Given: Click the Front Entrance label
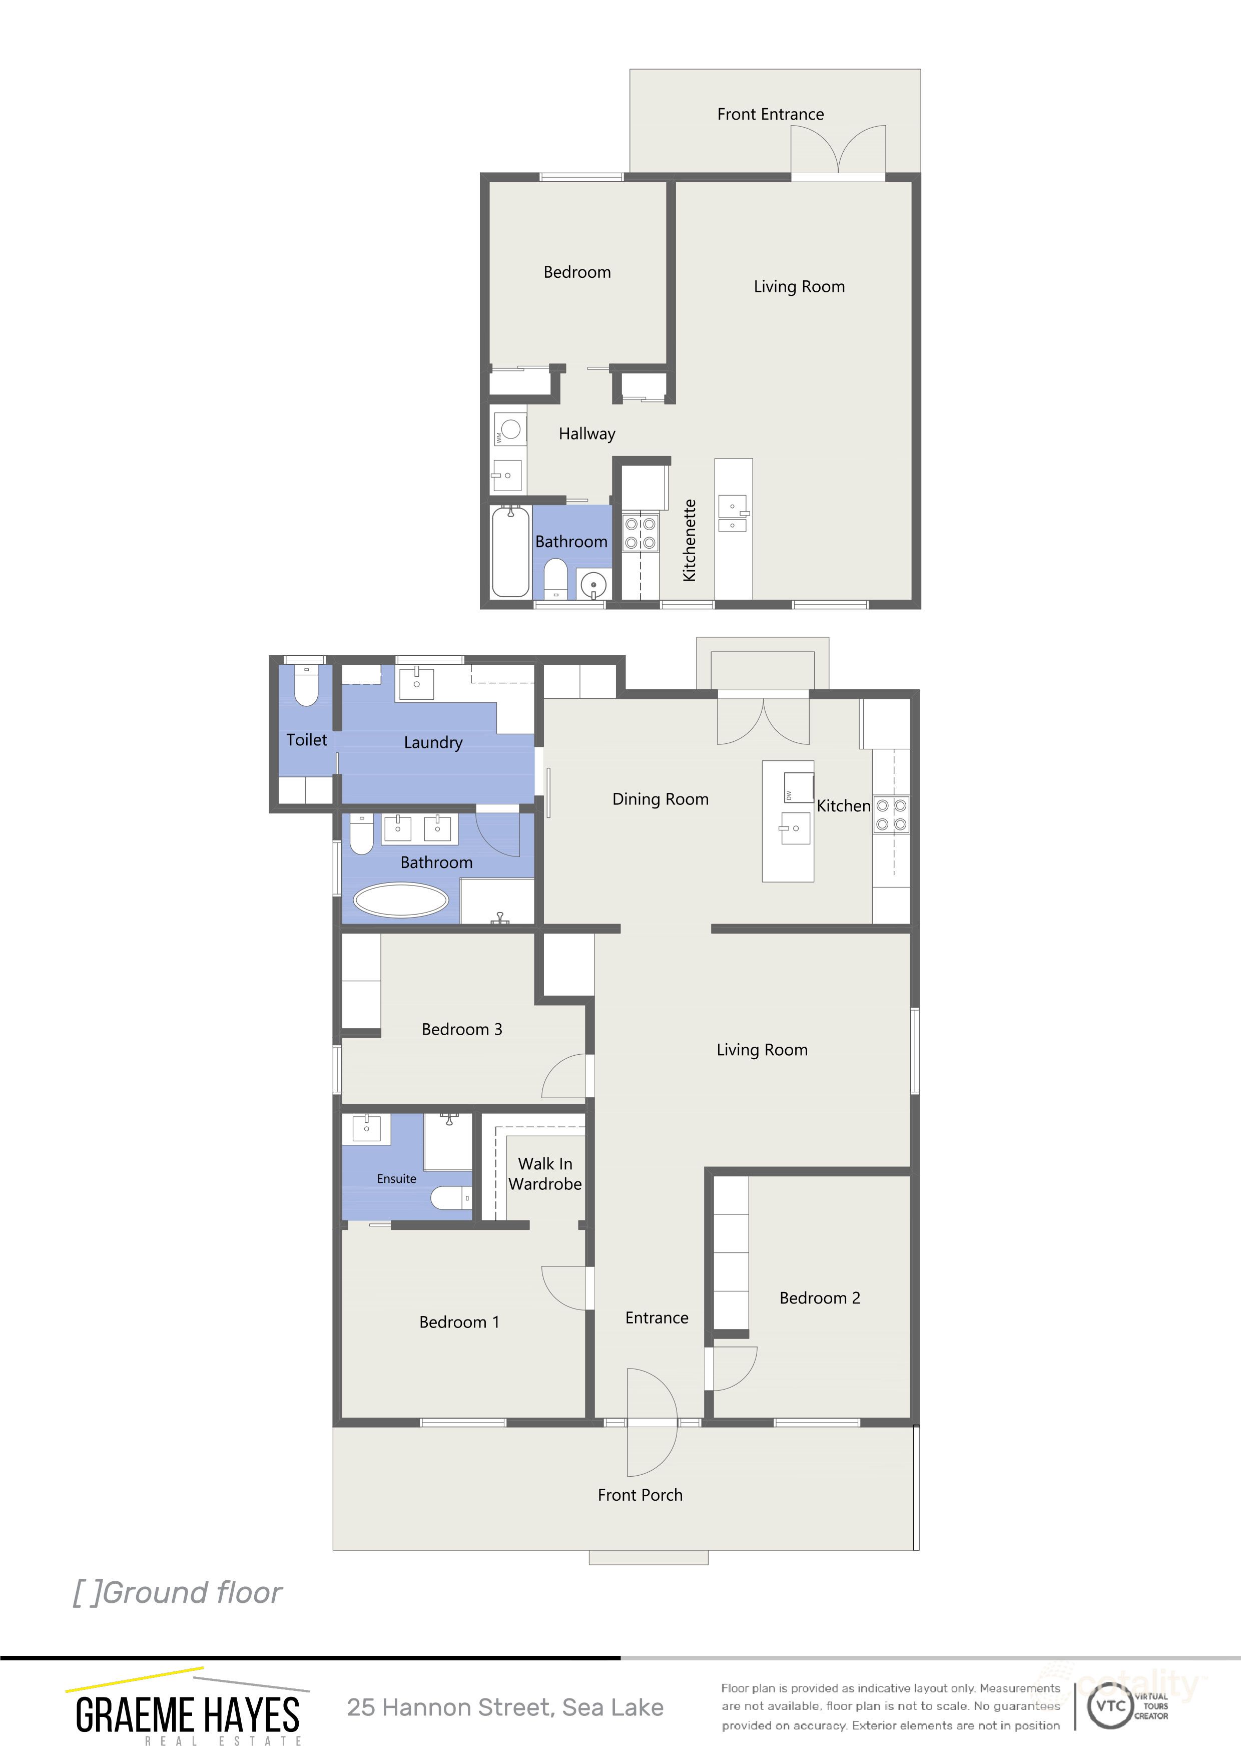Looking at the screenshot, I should click(770, 115).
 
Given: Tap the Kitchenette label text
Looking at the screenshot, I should click(690, 540).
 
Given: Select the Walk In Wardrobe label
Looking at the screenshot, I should click(544, 1173).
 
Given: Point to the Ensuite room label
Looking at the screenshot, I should click(396, 1178).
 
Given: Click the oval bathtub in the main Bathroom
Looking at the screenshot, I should click(401, 900).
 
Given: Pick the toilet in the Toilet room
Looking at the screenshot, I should click(306, 686).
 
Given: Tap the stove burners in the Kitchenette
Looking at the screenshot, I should click(640, 533).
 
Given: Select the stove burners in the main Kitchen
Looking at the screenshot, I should click(891, 814).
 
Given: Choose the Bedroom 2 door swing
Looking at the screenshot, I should click(733, 1368).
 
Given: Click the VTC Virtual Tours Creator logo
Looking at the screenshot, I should click(1127, 1706).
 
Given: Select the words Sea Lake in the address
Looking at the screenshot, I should click(612, 1708).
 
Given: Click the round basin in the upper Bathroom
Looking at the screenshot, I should click(593, 585).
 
